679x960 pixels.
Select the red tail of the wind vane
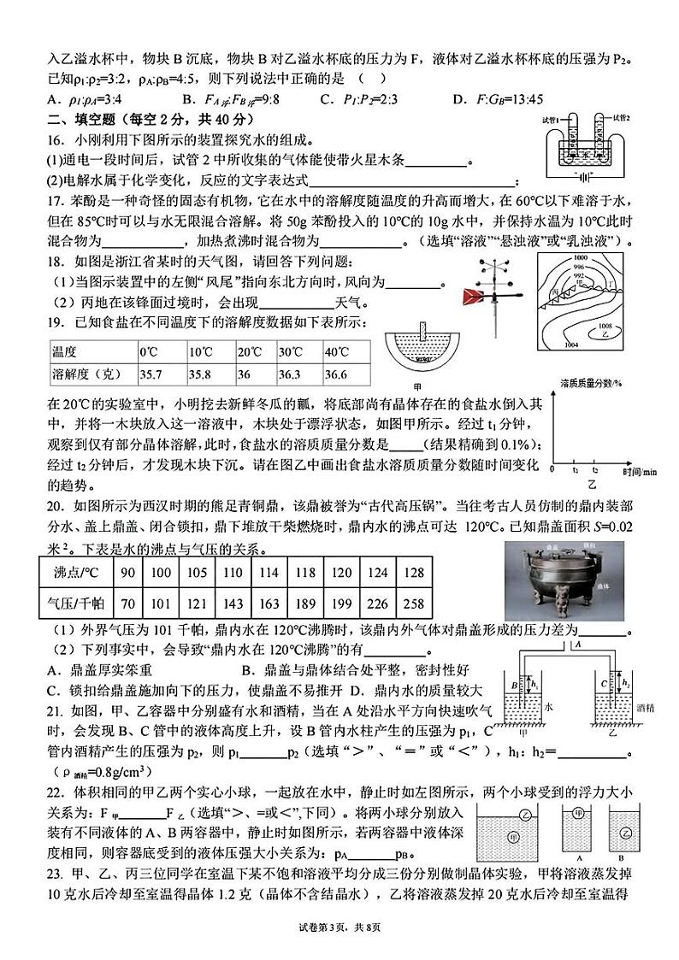474,297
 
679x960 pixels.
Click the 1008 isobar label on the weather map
606,325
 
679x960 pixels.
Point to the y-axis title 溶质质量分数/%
591,382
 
